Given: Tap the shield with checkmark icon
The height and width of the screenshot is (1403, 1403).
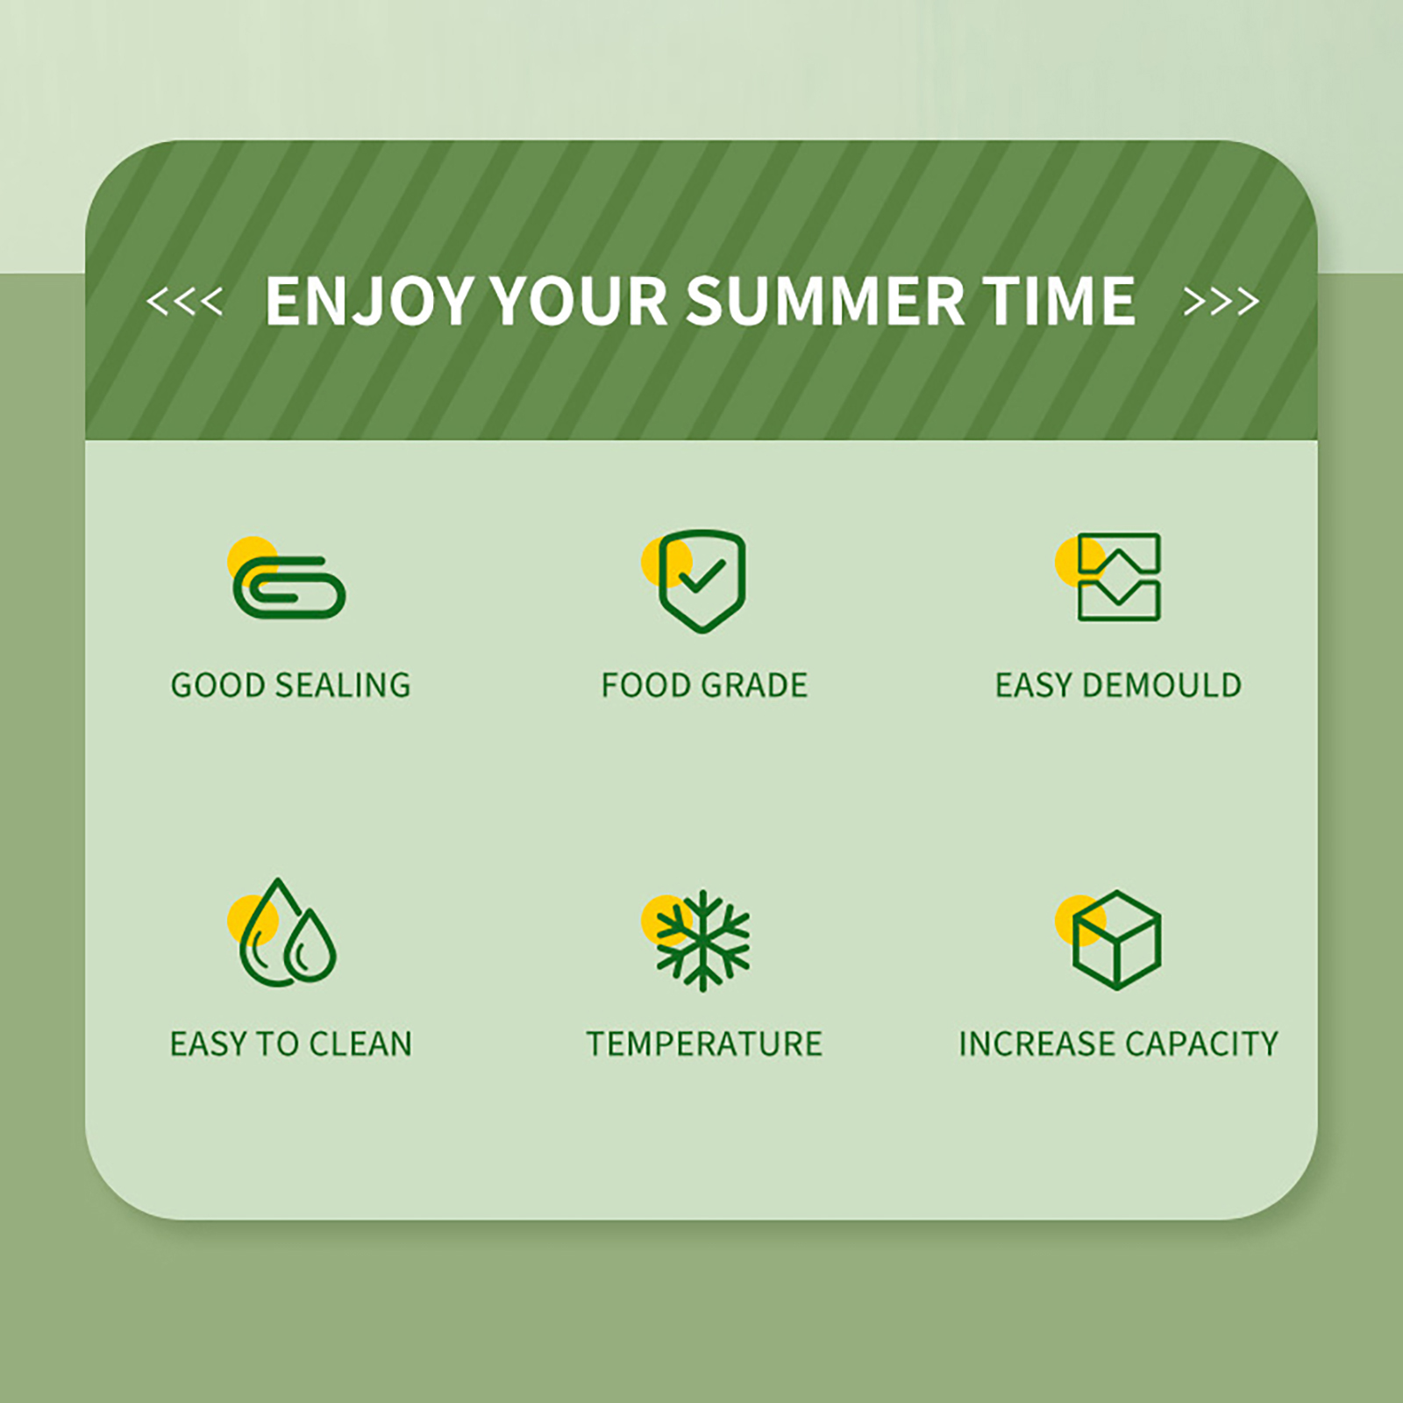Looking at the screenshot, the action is (x=701, y=580).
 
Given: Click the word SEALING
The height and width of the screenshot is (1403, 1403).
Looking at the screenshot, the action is (x=343, y=685).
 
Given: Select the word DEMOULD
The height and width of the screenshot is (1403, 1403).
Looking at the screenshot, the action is (x=1163, y=685).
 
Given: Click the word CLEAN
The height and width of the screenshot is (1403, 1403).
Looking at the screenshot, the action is (x=360, y=1043).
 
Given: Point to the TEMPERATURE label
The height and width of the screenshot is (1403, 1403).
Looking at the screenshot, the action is (x=704, y=1043).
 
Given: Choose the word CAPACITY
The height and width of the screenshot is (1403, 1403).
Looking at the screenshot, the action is (x=1201, y=1043).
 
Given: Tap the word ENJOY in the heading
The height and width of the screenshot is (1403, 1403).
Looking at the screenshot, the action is (x=370, y=302).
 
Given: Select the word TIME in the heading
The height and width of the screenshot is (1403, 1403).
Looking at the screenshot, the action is (x=1059, y=301).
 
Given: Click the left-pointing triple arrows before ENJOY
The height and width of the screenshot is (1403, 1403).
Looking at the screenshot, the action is (x=184, y=302).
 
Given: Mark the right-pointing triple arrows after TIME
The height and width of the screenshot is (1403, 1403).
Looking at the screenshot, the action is (x=1221, y=302).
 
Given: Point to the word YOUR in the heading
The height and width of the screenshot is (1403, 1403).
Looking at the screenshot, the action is (x=579, y=301).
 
